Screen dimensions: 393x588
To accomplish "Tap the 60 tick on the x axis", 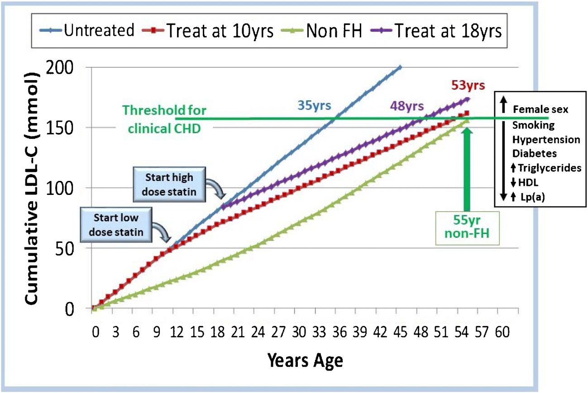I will point(502,333).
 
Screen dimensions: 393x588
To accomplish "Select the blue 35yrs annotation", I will point(314,106).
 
